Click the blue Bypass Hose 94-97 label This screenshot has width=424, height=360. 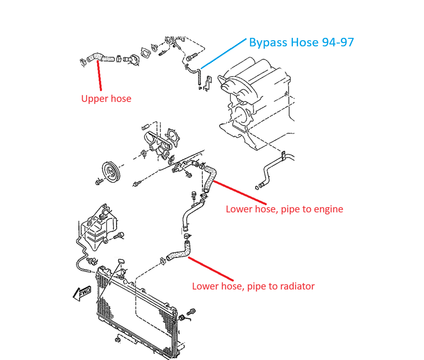pos(301,43)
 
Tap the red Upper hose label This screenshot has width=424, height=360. pos(106,98)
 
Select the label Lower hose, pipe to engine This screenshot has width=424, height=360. pos(284,209)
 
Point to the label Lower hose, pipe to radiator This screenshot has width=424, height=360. pos(253,286)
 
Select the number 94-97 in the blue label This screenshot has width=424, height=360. pos(336,43)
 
